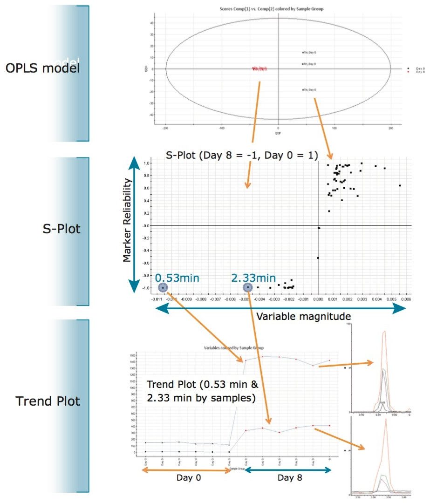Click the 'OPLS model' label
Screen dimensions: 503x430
click(x=42, y=68)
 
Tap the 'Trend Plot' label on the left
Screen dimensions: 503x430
click(x=48, y=401)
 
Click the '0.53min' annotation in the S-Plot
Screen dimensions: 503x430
click(x=177, y=278)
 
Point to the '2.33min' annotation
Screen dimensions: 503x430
click(x=253, y=278)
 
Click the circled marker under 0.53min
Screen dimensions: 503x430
click(x=163, y=288)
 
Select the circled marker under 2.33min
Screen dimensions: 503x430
click(x=248, y=288)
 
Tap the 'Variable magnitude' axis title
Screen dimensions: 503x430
click(x=303, y=316)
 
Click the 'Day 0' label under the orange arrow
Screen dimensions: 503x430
click(x=185, y=478)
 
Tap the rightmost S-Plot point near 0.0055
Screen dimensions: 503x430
click(x=400, y=185)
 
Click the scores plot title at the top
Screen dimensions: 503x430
click(x=278, y=9)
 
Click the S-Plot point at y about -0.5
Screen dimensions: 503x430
click(x=318, y=258)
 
